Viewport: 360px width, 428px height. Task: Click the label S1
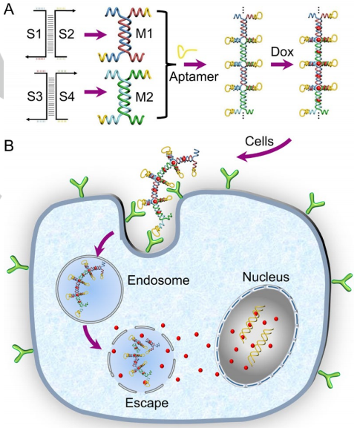point(34,34)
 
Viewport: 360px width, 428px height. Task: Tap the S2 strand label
point(66,34)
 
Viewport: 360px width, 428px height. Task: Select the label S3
point(35,96)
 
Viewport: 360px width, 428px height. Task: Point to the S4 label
point(67,96)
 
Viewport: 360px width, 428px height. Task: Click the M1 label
point(144,34)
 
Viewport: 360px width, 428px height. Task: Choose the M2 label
point(144,97)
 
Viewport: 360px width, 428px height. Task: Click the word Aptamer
point(194,76)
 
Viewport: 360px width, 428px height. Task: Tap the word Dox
point(282,52)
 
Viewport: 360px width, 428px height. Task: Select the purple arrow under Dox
point(281,65)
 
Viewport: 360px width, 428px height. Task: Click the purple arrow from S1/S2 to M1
point(95,35)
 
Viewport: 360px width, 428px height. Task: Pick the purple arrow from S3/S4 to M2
point(95,92)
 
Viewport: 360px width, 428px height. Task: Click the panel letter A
point(9,10)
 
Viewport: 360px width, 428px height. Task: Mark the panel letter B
point(8,146)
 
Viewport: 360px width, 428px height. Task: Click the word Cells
point(259,141)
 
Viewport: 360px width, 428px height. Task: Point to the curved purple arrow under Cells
point(266,152)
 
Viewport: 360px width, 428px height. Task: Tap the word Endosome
point(158,280)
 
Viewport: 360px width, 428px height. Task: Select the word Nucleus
point(266,277)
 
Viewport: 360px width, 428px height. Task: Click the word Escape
point(147,403)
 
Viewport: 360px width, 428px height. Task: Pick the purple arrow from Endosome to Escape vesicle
point(91,338)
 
